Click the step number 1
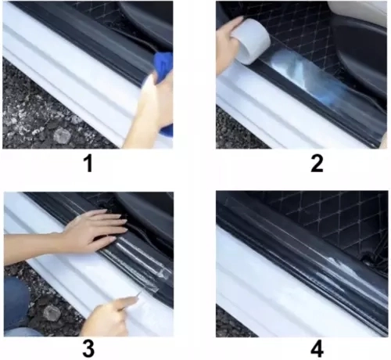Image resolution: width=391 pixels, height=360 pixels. (x=88, y=164)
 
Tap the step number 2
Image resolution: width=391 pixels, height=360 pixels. (x=317, y=164)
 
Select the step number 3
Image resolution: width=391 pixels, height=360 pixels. (x=88, y=349)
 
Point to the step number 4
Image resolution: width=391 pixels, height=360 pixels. (x=317, y=349)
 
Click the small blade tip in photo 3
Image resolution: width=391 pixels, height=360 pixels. (x=140, y=293)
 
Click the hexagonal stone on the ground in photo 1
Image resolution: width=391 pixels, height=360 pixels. (x=62, y=135)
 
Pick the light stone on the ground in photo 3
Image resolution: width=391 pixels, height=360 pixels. (x=52, y=313)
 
